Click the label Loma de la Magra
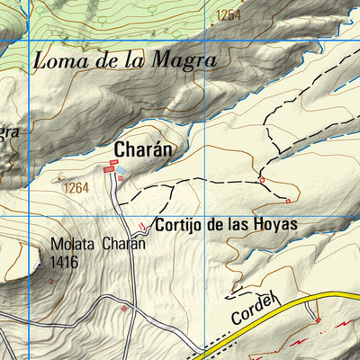tap(125, 62)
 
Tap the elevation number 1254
tap(229, 14)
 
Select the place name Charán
tap(142, 148)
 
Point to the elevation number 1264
tap(76, 188)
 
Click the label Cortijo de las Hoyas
tap(225, 224)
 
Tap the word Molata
tap(73, 244)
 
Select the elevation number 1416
tap(65, 262)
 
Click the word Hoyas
tap(274, 224)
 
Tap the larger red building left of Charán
tap(108, 168)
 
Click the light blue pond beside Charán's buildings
tap(121, 169)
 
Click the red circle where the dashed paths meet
tap(262, 181)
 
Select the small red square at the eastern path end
tap(288, 201)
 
